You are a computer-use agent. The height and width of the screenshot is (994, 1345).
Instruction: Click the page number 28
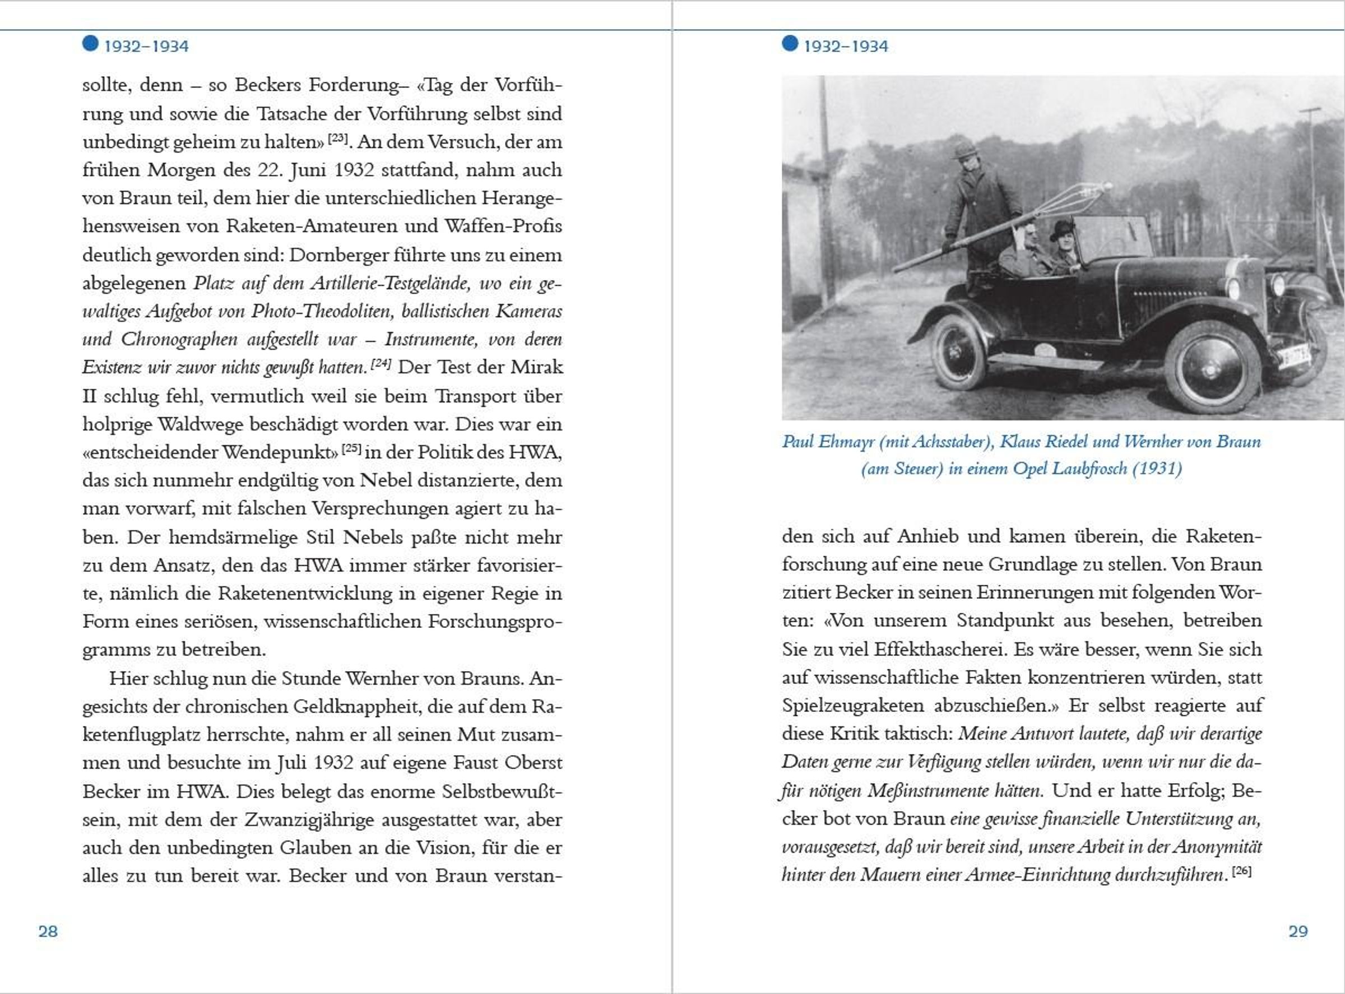pyautogui.click(x=48, y=931)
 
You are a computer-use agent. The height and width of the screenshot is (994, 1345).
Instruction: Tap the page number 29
pyautogui.click(x=1297, y=931)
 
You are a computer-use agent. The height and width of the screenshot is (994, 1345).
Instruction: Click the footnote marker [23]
pyautogui.click(x=338, y=138)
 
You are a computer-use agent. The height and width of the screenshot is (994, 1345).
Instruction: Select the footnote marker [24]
pyautogui.click(x=381, y=363)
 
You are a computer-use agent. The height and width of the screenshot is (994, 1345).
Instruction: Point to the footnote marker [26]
pyautogui.click(x=1242, y=871)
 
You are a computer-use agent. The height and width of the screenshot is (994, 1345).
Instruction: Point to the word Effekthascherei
pyautogui.click(x=941, y=650)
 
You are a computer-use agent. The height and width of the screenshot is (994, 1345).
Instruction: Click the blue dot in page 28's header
pyautogui.click(x=90, y=43)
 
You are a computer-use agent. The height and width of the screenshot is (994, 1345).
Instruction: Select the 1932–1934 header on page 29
pyautogui.click(x=846, y=47)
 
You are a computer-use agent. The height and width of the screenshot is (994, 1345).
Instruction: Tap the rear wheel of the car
pyautogui.click(x=958, y=352)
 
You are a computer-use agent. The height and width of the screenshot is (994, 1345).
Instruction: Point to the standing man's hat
pyautogui.click(x=964, y=149)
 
